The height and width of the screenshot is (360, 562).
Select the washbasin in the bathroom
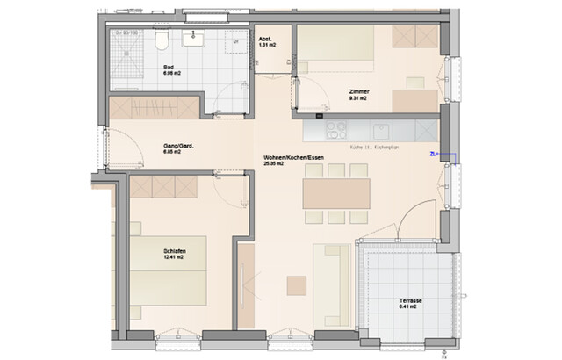(x=193, y=38)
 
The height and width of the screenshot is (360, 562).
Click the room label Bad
(x=169, y=67)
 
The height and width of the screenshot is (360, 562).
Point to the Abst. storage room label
(x=264, y=40)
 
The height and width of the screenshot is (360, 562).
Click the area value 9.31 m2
(x=357, y=99)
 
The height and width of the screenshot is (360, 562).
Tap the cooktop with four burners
(x=336, y=130)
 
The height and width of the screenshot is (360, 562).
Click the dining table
(x=336, y=193)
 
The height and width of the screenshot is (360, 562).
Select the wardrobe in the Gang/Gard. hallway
(x=154, y=107)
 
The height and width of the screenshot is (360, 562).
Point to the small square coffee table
(x=297, y=285)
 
